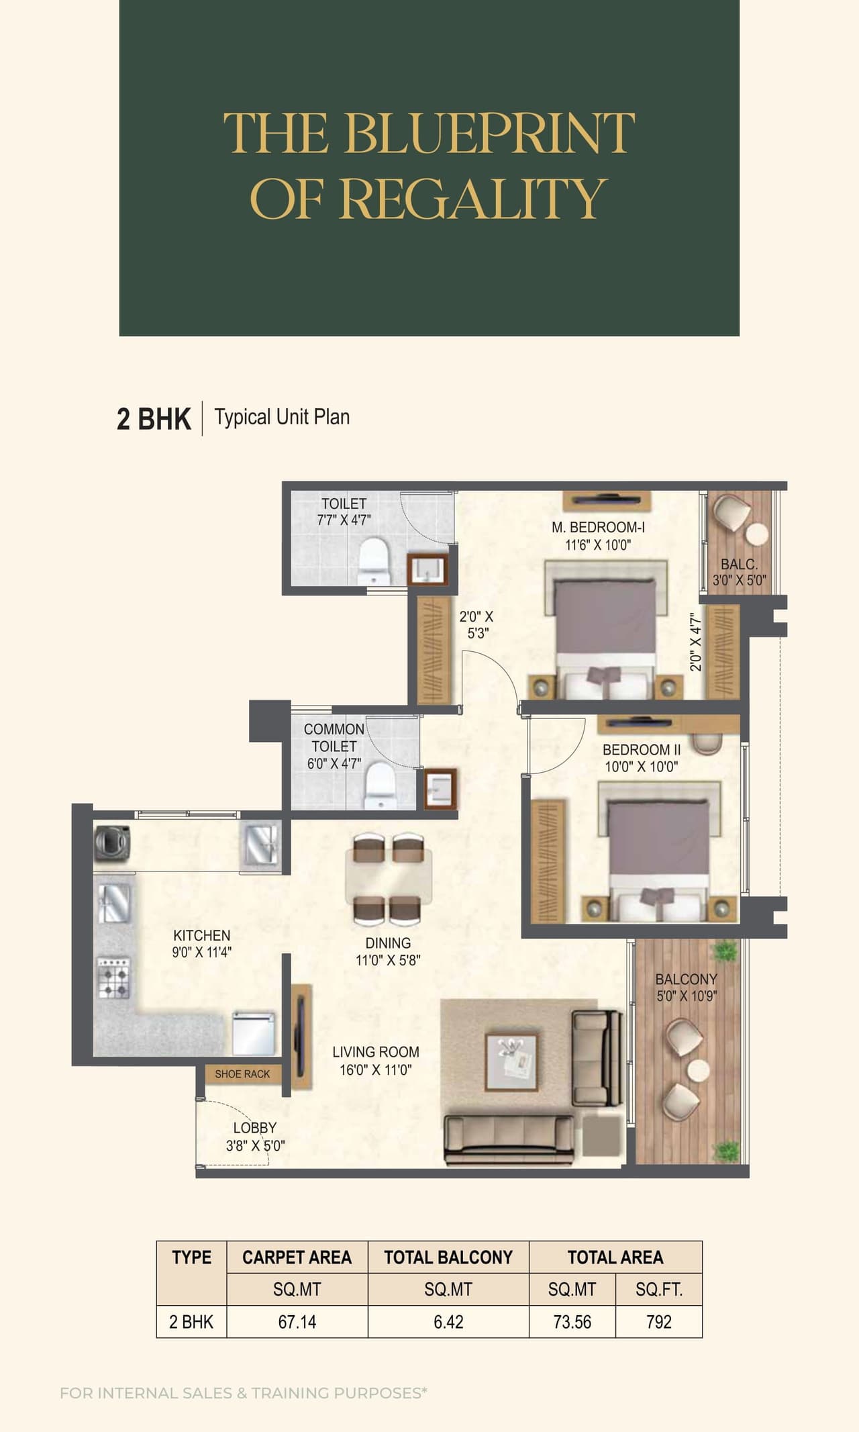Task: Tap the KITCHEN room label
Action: pyautogui.click(x=201, y=935)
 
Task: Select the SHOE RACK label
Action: pyautogui.click(x=242, y=1074)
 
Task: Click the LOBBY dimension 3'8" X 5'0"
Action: pyautogui.click(x=255, y=1146)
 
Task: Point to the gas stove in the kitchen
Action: pyautogui.click(x=113, y=977)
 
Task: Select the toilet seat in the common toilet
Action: pyautogui.click(x=380, y=786)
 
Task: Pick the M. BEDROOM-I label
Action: pyautogui.click(x=598, y=528)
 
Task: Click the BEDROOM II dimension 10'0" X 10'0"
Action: pyautogui.click(x=642, y=767)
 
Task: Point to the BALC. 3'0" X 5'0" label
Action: pyautogui.click(x=739, y=573)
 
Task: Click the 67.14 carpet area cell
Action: pyautogui.click(x=297, y=1322)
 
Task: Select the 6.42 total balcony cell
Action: pyautogui.click(x=448, y=1322)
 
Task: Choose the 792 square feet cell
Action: pyautogui.click(x=658, y=1322)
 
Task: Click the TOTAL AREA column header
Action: pyautogui.click(x=615, y=1257)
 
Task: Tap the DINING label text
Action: pyautogui.click(x=388, y=943)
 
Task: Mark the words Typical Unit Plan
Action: pyautogui.click(x=282, y=417)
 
